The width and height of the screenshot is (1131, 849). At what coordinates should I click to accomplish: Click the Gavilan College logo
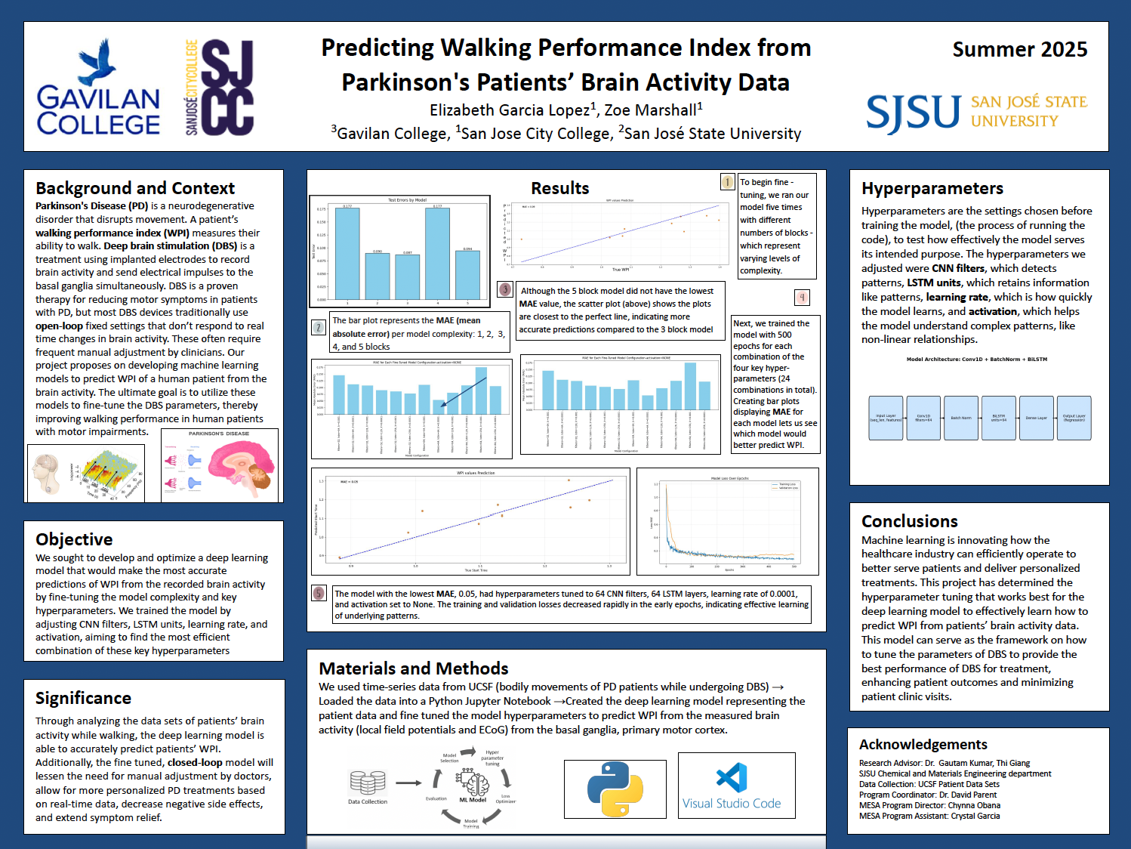[x=98, y=88]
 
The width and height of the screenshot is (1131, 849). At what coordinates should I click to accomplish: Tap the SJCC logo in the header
[x=220, y=87]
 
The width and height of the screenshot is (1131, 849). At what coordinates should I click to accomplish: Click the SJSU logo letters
[x=913, y=113]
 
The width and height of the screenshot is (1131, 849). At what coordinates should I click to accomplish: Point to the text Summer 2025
[x=1019, y=50]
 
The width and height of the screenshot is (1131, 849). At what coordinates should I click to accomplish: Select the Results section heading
[x=559, y=188]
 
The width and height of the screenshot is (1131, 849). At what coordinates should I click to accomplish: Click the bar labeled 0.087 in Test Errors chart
[x=407, y=276]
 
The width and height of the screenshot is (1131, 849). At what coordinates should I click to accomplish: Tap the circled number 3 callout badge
[x=505, y=289]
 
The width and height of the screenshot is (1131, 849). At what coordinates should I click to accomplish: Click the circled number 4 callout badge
[x=802, y=298]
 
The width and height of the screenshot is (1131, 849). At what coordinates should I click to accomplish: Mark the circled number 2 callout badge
[x=319, y=328]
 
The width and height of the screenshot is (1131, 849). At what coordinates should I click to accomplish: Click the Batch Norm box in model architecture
[x=961, y=418]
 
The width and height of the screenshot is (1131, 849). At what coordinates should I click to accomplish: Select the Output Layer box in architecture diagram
[x=1074, y=418]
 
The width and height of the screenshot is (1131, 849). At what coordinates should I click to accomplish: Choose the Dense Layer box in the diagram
[x=1036, y=418]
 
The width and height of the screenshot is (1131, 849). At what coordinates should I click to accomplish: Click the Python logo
[x=615, y=789]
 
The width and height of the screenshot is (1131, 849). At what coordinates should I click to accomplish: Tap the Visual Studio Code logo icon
[x=732, y=778]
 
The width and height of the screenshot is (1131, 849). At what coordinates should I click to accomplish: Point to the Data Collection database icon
[x=368, y=783]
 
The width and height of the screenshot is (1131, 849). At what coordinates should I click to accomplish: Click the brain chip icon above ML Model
[x=473, y=782]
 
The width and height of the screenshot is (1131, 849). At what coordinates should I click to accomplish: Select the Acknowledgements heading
[x=923, y=745]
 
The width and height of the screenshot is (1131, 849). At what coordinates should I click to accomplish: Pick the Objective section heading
[x=74, y=539]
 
